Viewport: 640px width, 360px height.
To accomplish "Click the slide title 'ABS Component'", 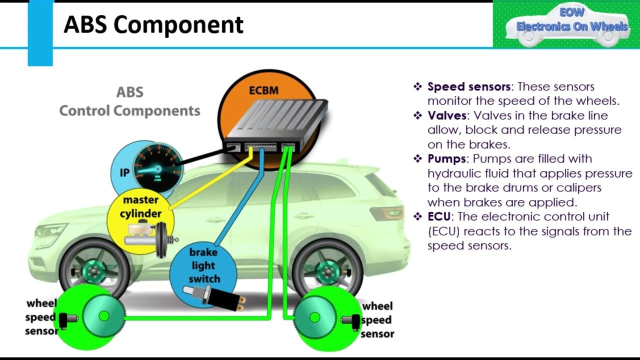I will coord(153,24).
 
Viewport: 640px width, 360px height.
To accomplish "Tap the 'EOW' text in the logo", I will coord(571,13).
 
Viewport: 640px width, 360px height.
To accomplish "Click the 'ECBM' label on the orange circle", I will coord(263,91).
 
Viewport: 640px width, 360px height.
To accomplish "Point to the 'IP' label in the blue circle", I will coord(124,173).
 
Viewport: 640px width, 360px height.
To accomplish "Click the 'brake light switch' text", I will coord(203,265).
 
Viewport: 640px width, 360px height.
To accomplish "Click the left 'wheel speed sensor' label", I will coord(41,317).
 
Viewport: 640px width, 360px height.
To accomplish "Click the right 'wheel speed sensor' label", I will coord(377,320).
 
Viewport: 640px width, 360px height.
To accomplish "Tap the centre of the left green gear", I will coord(104,316).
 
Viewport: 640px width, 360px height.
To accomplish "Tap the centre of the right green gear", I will coord(314,317).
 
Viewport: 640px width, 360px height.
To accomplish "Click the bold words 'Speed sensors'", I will coord(468,86).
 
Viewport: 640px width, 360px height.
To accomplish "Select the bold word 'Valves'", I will coord(447,115).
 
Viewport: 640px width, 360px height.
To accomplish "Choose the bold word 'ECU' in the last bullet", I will coord(439,217).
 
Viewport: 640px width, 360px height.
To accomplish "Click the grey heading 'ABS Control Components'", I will coord(129,101).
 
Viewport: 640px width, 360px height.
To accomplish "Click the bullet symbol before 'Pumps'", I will coord(418,159).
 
